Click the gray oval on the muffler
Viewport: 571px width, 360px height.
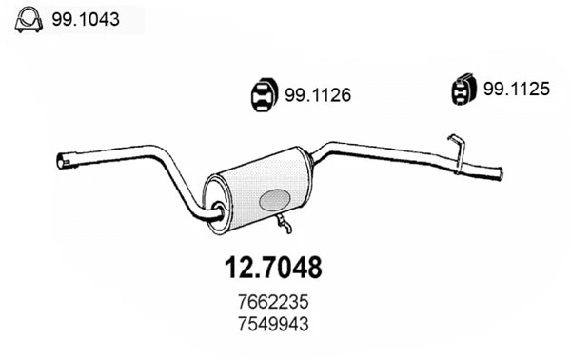click(x=275, y=200)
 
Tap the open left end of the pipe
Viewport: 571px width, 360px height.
click(x=62, y=160)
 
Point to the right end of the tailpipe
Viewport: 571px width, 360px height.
click(x=498, y=172)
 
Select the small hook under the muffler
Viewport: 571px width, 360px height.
click(x=283, y=225)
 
